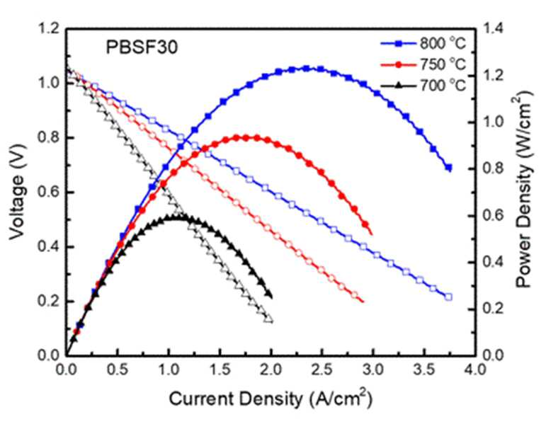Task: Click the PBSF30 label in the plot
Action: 142,47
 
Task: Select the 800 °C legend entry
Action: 423,43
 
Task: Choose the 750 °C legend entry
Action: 423,64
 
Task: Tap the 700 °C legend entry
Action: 423,85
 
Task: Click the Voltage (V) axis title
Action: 18,193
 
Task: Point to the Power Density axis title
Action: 523,190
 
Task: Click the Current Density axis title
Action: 271,399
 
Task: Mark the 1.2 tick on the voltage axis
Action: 48,29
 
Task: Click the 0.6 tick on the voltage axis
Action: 48,193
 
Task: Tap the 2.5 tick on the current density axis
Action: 322,369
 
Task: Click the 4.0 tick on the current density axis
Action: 475,369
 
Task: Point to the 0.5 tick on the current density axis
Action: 118,369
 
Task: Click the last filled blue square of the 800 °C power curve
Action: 449,168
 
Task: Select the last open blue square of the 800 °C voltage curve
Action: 448,297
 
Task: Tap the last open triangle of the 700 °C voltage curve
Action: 268,319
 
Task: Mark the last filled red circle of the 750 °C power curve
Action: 365,224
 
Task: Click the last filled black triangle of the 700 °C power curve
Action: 268,294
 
